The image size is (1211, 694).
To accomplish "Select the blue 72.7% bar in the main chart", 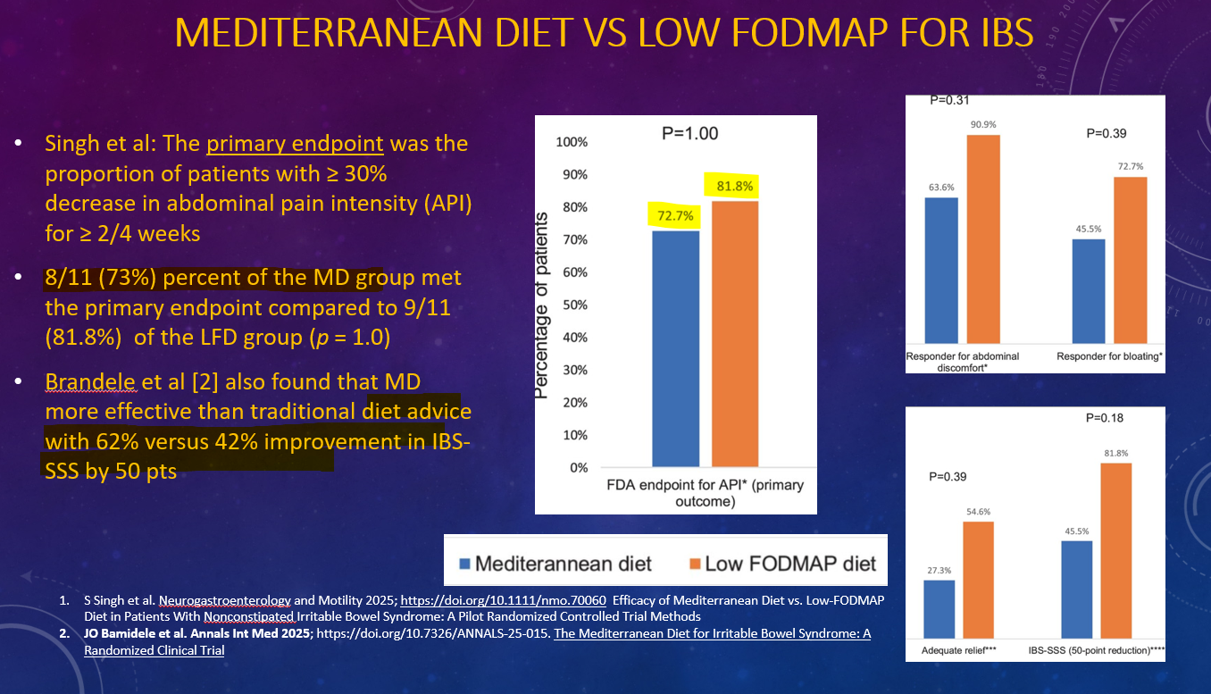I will coord(675,348).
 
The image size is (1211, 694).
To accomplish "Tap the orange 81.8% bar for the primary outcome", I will coord(735,333).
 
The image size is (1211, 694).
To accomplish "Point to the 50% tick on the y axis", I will coord(572,305).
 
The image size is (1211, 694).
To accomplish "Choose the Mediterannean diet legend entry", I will coord(555,564).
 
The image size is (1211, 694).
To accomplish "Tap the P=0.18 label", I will coord(1106,418).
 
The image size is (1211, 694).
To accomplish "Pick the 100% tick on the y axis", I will coord(571,143).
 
